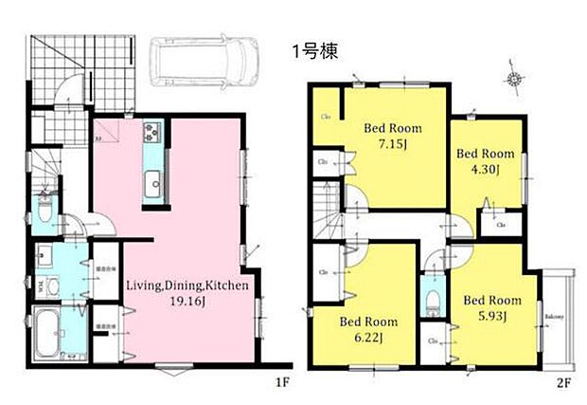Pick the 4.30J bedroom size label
tap(485, 167)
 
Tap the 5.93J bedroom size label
tap(492, 316)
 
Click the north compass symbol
tap(514, 80)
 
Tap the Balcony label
tap(553, 316)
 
